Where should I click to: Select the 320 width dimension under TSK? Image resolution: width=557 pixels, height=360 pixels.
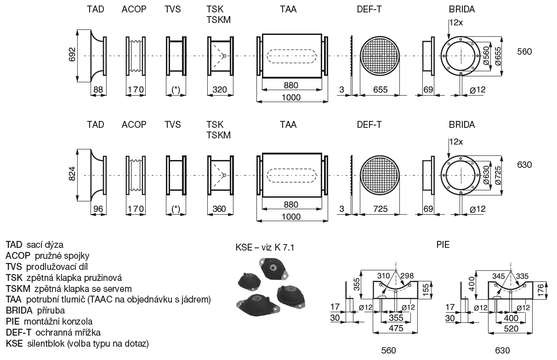[x=219, y=90]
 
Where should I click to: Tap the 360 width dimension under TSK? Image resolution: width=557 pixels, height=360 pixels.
[x=219, y=209]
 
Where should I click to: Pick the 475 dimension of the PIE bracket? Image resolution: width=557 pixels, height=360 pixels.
[x=396, y=328]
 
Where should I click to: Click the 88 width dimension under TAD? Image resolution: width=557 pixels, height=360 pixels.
[x=98, y=90]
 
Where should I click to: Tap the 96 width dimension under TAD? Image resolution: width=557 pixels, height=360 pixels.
[x=98, y=209]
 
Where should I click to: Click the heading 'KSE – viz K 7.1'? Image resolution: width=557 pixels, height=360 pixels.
[x=264, y=248]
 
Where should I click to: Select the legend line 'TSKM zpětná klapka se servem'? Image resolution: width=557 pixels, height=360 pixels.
[x=68, y=289]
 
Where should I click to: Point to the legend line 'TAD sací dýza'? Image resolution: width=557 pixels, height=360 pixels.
[x=34, y=245]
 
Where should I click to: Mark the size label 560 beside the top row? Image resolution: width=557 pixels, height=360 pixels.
[x=524, y=51]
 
